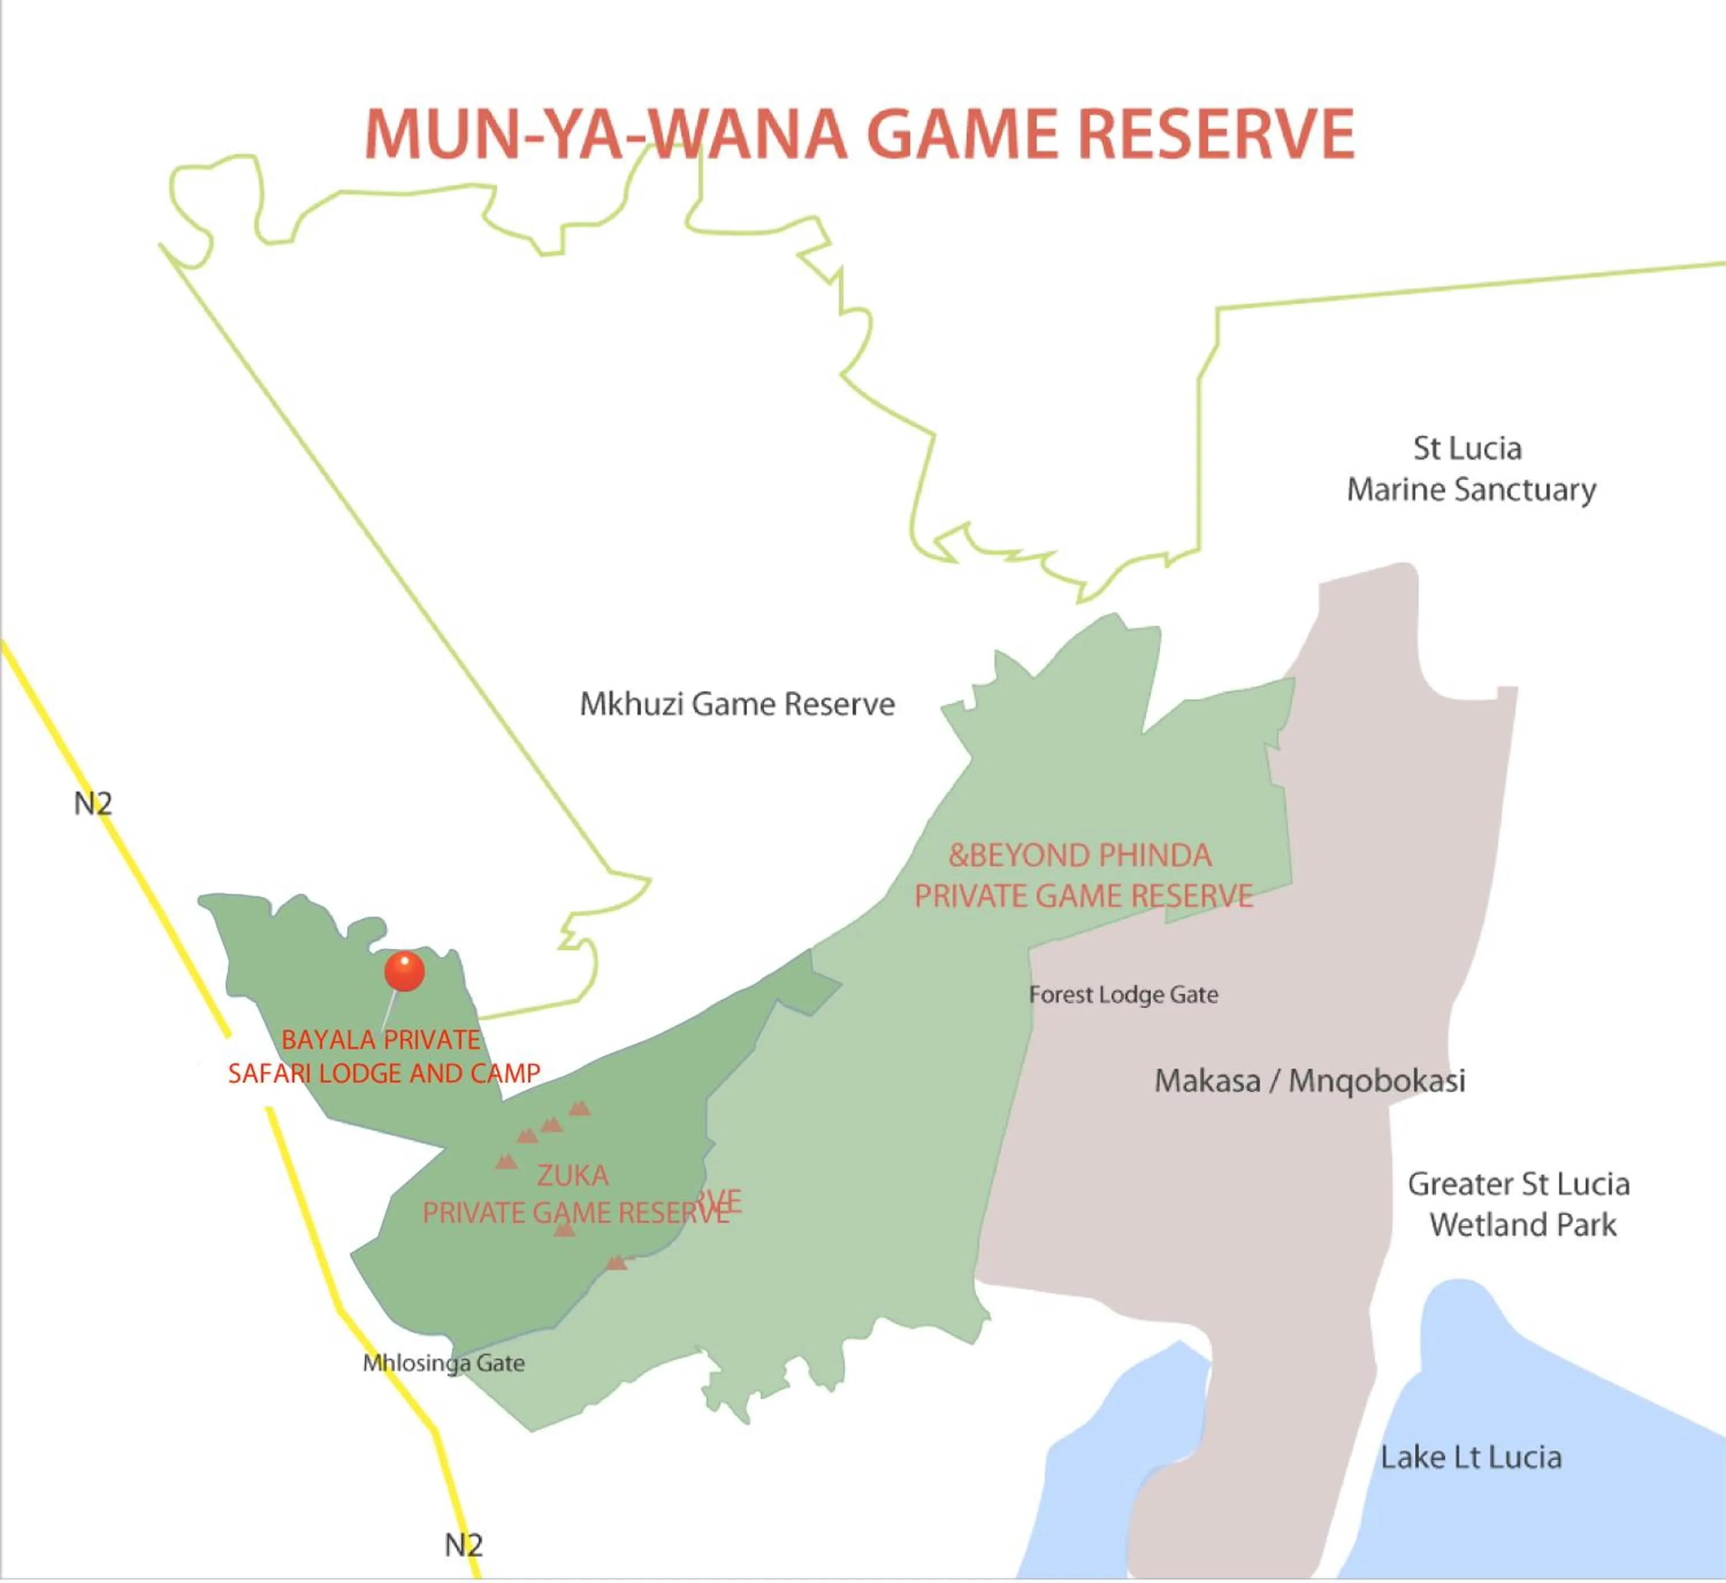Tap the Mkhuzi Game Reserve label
pos(736,704)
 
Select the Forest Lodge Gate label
pos(1123,995)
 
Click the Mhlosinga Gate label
pos(443,1363)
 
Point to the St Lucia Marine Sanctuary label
pos(1471,469)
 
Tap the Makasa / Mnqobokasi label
pos(1309,1081)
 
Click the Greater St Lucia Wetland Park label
pos(1519,1205)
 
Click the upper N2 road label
pos(93,804)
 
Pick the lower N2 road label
pos(463,1545)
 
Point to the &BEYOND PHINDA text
pos(1079,855)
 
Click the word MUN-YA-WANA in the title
pos(605,135)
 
